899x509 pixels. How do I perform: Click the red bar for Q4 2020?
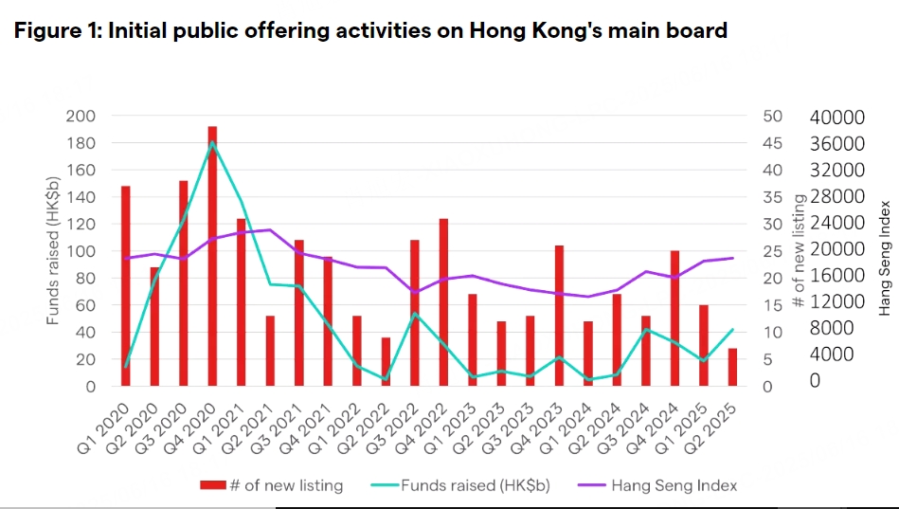point(212,256)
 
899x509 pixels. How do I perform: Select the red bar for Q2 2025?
point(732,368)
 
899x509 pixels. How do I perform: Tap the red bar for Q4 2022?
point(443,302)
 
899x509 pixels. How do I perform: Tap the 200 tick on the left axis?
point(81,116)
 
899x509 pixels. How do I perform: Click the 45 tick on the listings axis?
point(773,143)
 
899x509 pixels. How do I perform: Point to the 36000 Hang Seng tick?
point(839,143)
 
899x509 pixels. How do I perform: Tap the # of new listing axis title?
point(800,251)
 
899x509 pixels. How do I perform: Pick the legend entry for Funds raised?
point(475,484)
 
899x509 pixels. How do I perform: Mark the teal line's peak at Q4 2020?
point(213,142)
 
